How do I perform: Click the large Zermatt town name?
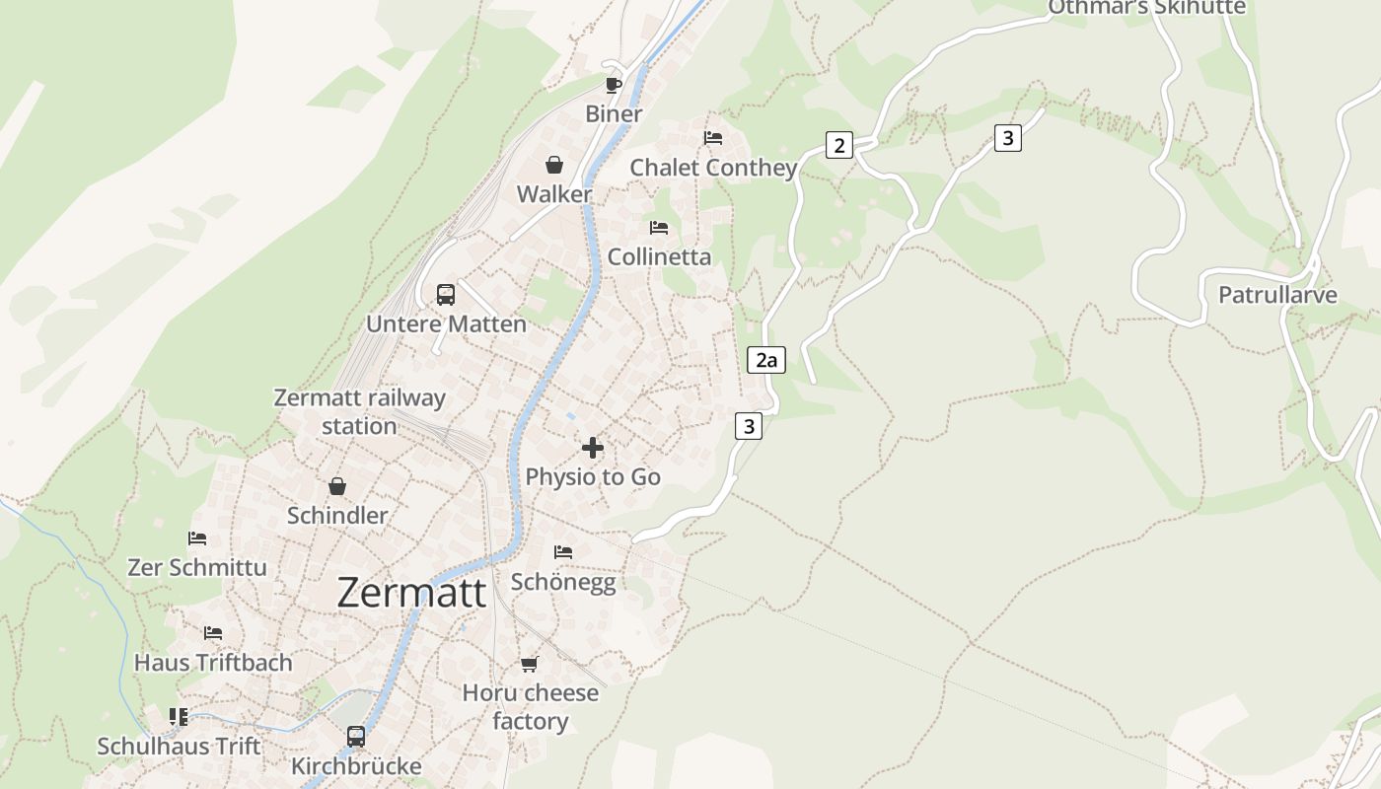pos(411,593)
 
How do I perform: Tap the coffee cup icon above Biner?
pos(614,85)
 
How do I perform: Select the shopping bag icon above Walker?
pos(554,165)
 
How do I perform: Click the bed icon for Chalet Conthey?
pos(713,138)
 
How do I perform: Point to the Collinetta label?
pos(659,256)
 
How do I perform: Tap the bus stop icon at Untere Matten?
pos(446,295)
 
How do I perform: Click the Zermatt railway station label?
pos(359,412)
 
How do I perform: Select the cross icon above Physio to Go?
pos(593,449)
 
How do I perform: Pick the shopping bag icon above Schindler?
pos(337,486)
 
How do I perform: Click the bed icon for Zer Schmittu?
pos(197,538)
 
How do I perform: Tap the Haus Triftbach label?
pos(213,663)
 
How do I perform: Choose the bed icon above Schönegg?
pos(563,552)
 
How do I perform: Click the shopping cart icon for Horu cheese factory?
pos(530,664)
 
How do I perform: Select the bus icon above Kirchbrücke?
pos(356,737)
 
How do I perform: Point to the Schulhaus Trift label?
pos(179,747)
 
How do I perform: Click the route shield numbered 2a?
pos(766,360)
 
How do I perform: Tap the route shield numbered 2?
pos(838,146)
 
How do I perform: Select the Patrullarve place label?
pos(1277,295)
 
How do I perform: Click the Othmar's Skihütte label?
pos(1146,8)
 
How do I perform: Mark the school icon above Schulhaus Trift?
pos(179,717)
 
